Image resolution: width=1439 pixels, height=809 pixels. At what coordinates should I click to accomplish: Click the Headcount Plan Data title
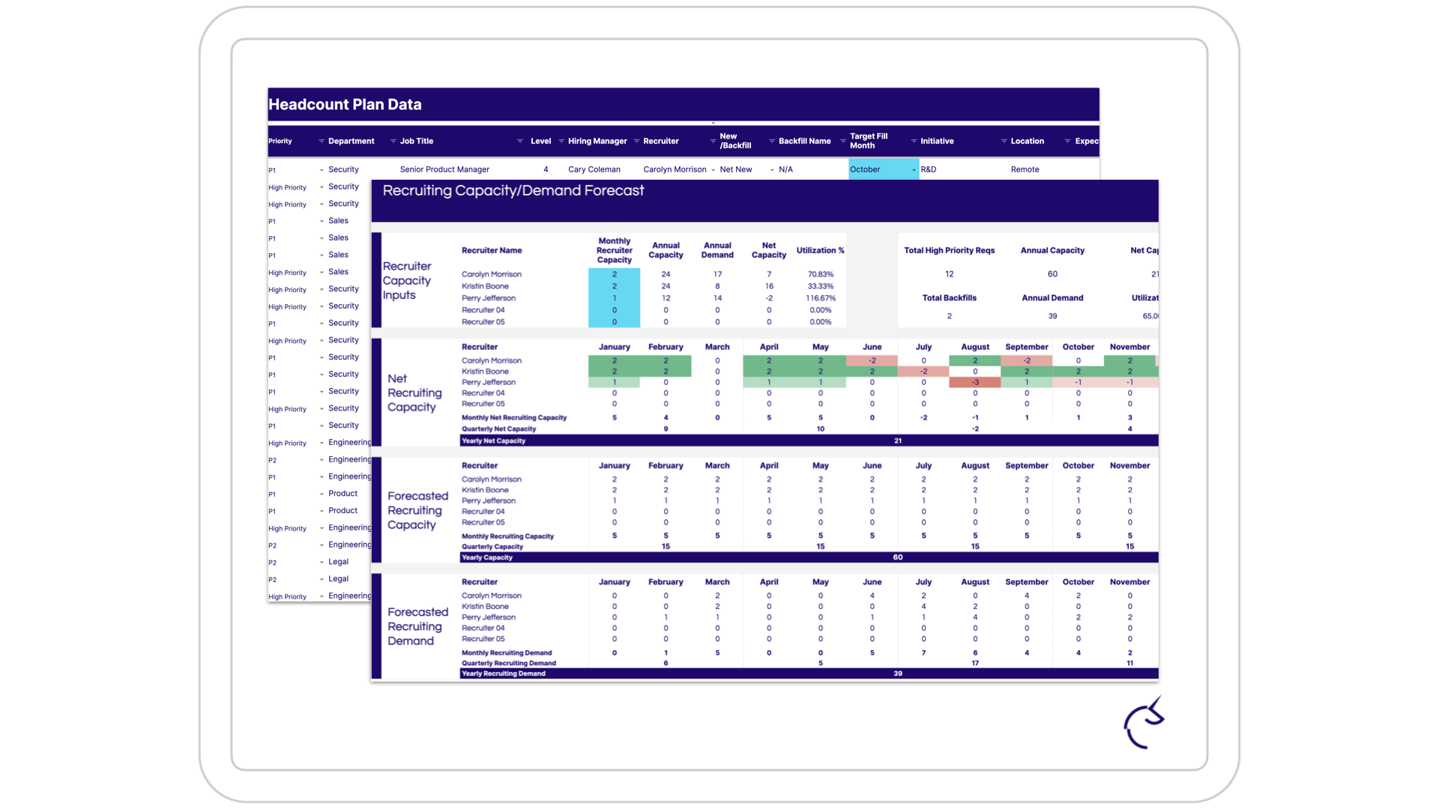point(345,105)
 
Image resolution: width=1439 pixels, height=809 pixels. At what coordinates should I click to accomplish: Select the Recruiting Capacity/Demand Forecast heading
point(513,191)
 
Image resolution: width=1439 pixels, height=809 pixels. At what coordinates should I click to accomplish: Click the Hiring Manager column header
point(597,141)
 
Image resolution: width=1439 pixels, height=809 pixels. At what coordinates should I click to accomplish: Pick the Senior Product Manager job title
point(444,169)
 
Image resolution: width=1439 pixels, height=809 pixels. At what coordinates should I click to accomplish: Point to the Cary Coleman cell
point(594,169)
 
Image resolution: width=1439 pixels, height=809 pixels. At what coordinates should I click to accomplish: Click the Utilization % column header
point(820,250)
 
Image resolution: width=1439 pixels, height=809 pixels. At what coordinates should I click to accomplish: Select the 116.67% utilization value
point(821,298)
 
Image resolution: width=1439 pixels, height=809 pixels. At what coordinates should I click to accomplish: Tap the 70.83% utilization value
point(821,274)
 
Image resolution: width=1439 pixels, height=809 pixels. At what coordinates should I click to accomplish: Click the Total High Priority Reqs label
point(949,250)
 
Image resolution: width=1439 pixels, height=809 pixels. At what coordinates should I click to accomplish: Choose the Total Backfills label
point(949,298)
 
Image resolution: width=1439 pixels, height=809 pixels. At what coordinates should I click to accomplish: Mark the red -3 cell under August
point(975,382)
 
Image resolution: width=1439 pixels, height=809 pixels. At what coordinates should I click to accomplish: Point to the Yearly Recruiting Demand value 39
point(898,673)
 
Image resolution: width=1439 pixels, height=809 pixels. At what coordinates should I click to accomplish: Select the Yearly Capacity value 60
point(898,557)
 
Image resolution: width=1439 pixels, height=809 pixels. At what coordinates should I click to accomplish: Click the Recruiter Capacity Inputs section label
point(407,281)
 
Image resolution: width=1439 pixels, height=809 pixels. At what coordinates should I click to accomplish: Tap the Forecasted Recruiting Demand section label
point(417,626)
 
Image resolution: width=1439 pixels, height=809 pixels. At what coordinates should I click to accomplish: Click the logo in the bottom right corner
point(1144,724)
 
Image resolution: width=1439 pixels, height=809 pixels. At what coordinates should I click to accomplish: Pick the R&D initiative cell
point(929,169)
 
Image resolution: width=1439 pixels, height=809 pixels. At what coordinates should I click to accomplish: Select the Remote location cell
point(1025,169)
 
